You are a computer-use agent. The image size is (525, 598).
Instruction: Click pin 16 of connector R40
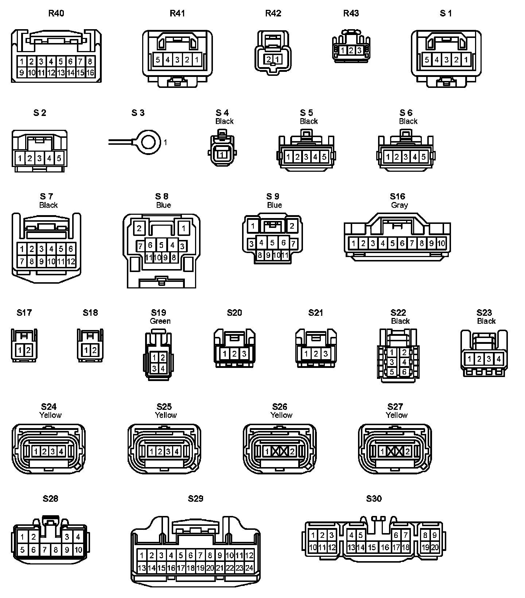90,73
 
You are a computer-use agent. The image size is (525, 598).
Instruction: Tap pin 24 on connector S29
249,568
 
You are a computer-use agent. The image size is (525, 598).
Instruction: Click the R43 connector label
351,13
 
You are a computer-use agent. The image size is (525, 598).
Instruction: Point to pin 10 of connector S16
441,243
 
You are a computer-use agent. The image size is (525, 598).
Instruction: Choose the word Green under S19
160,321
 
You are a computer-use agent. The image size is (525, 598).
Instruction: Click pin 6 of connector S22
404,372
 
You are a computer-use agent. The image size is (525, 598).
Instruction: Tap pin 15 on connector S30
372,547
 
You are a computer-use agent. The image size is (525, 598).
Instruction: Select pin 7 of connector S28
45,550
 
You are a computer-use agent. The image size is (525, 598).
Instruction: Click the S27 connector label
395,407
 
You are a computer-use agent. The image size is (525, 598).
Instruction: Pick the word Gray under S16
399,205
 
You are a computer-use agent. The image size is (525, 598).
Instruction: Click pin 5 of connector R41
158,59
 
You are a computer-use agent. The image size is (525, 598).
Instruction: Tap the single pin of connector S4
222,155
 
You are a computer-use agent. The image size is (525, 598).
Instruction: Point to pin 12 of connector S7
71,261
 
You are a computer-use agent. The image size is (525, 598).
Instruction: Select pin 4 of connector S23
498,359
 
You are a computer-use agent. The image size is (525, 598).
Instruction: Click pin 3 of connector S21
325,353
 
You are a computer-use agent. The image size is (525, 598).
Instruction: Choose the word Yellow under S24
50,415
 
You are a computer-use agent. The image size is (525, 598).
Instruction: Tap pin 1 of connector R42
277,59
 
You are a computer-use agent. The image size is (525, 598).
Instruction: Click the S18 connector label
90,312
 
